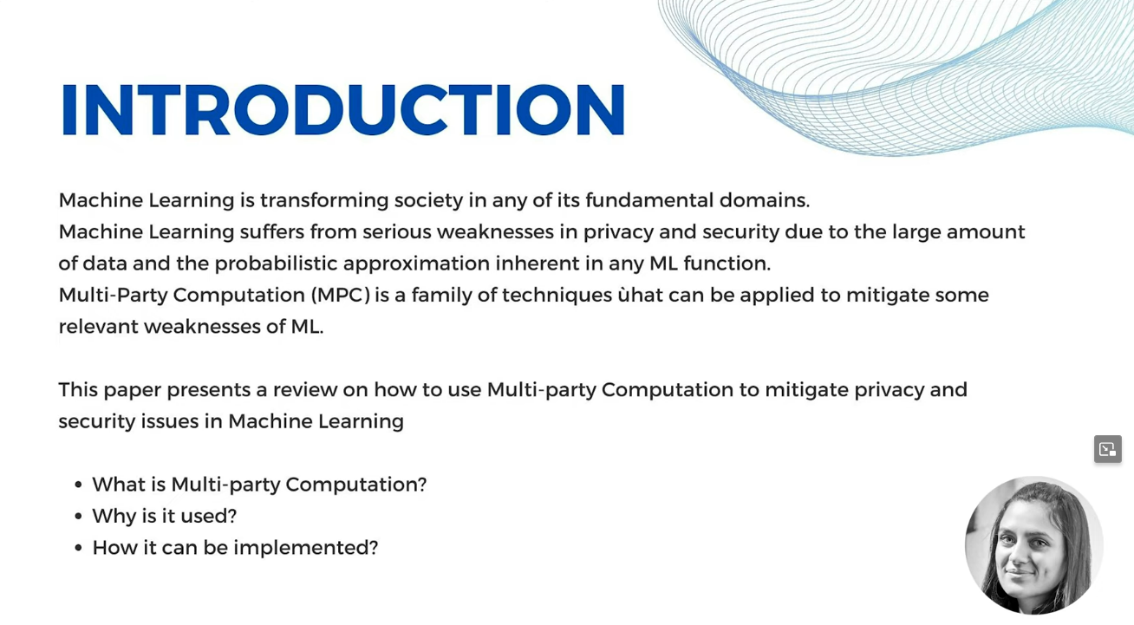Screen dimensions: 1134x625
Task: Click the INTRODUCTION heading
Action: click(342, 109)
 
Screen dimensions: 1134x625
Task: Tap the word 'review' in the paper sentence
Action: click(305, 390)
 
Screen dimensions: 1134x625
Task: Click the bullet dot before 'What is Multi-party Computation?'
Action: click(78, 485)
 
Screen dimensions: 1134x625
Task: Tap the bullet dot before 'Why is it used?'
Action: click(78, 516)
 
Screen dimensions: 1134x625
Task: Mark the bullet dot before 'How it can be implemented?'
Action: click(78, 548)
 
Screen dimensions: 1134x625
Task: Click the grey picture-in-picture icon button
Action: click(1108, 449)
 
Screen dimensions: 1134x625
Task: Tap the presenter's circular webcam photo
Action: click(1033, 545)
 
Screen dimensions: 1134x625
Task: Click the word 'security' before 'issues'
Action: click(97, 422)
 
